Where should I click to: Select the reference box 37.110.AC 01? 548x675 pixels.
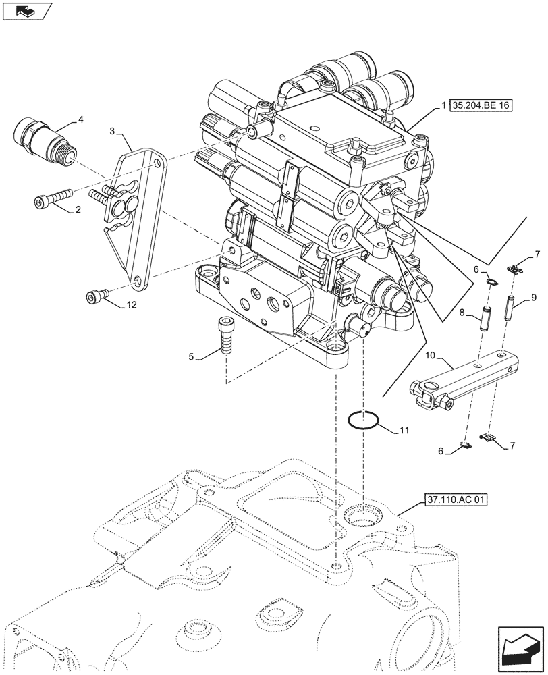456,500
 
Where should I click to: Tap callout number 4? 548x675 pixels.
81,120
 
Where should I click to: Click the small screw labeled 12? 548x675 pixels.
94,295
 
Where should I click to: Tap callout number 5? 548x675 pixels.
192,356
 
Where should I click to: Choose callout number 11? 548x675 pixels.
404,429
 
